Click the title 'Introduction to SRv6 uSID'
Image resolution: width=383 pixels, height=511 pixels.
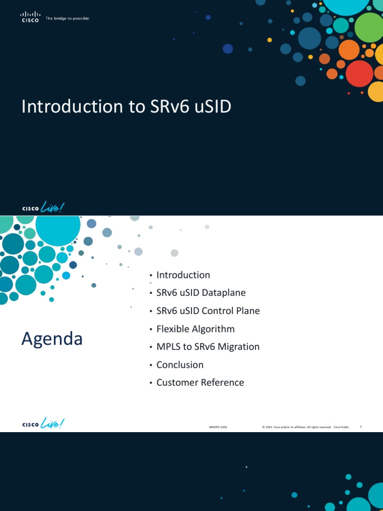126,107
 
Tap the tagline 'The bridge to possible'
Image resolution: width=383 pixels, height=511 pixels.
67,19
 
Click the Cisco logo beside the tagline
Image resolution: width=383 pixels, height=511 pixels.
30,18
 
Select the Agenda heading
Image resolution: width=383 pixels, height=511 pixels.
52,339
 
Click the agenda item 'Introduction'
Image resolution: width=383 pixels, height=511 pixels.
183,275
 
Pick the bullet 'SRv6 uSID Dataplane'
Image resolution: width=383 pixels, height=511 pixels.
201,293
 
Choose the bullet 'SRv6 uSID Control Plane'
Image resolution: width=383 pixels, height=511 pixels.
208,311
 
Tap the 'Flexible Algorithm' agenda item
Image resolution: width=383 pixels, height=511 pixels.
195,329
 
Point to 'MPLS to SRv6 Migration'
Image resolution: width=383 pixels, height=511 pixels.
208,347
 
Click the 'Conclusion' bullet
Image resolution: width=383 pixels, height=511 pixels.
180,365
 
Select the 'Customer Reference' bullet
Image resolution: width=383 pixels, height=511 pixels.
200,383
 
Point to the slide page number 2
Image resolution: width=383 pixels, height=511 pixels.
360,427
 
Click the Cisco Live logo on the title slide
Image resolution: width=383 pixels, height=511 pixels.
43,207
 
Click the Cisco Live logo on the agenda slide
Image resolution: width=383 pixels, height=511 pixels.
43,424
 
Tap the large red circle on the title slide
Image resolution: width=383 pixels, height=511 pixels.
359,73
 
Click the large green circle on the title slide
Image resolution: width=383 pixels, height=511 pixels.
369,27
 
